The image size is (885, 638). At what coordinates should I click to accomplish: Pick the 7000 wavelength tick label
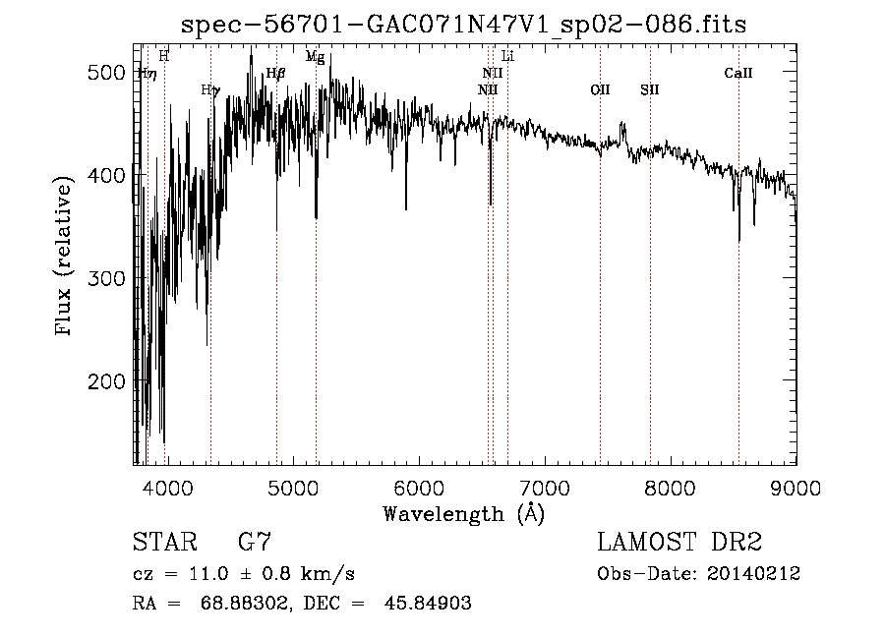pyautogui.click(x=544, y=487)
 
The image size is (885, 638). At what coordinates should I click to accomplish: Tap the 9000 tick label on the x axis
pyautogui.click(x=795, y=487)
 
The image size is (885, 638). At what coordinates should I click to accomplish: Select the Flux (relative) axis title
pyautogui.click(x=66, y=258)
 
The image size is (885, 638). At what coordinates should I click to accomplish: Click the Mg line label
pyautogui.click(x=315, y=57)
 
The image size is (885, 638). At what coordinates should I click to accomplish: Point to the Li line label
pyautogui.click(x=507, y=56)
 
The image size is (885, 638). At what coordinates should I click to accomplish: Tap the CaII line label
pyautogui.click(x=738, y=73)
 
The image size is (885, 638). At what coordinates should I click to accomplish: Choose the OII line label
pyautogui.click(x=600, y=89)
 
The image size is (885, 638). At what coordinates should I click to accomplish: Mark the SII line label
pyautogui.click(x=649, y=89)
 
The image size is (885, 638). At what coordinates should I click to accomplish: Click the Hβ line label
pyautogui.click(x=275, y=73)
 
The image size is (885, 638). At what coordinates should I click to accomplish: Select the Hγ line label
pyautogui.click(x=209, y=89)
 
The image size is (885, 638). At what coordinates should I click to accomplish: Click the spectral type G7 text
pyautogui.click(x=255, y=542)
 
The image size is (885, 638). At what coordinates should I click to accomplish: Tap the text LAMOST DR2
pyautogui.click(x=679, y=542)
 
